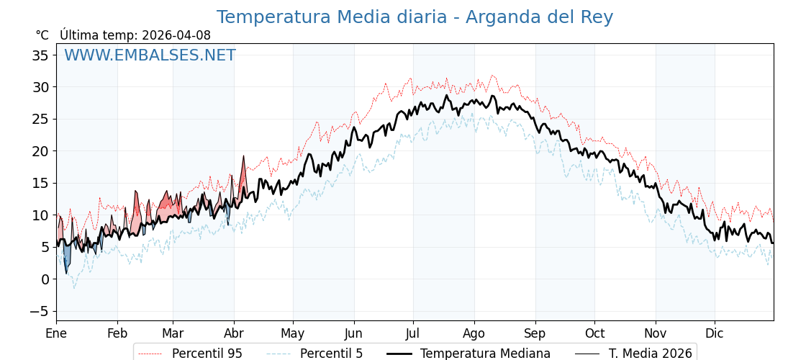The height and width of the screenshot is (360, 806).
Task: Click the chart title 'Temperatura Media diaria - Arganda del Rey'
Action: pos(415,17)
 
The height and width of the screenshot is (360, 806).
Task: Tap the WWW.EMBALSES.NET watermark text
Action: pos(150,55)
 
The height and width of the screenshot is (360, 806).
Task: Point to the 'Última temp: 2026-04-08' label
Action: pos(135,35)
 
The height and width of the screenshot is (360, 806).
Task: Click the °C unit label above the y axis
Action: pos(42,35)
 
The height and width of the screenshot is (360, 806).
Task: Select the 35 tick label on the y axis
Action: pos(40,55)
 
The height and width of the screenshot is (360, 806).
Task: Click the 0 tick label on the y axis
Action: pos(45,279)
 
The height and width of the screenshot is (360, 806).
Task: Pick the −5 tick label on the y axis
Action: pos(40,311)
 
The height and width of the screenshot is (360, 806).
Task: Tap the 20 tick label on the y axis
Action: pos(40,151)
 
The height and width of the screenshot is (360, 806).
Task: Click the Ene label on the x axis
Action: pos(56,334)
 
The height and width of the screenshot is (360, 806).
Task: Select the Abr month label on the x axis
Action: pos(234,334)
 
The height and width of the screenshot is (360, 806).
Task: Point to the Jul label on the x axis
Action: pos(413,334)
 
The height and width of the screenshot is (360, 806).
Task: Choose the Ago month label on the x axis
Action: pos(474,334)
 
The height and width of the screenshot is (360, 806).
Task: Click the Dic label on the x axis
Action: pos(715,334)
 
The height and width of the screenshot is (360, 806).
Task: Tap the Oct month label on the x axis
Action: pos(594,334)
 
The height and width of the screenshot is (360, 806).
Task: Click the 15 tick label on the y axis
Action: pos(40,184)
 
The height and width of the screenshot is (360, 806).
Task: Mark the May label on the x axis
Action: pos(293,334)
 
